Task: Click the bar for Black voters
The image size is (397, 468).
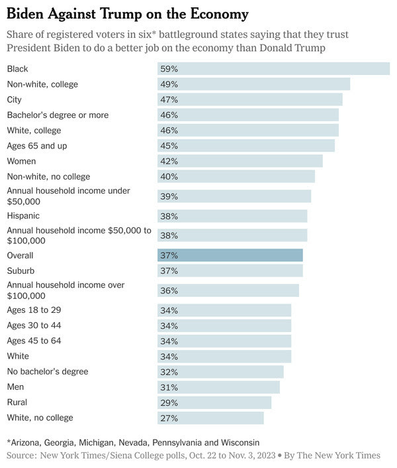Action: (273, 69)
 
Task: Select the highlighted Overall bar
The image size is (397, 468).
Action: (230, 255)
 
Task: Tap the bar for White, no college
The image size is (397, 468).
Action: (210, 418)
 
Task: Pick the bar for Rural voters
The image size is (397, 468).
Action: (214, 402)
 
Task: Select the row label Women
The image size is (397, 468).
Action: (21, 161)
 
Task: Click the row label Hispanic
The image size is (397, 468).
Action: (23, 215)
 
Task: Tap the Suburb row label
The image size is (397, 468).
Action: (21, 270)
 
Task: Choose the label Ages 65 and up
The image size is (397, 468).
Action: (37, 146)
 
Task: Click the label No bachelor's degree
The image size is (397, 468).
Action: (48, 372)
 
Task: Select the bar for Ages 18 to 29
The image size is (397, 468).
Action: (224, 310)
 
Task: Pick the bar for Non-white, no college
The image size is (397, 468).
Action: (236, 176)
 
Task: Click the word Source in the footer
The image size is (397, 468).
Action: (21, 455)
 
